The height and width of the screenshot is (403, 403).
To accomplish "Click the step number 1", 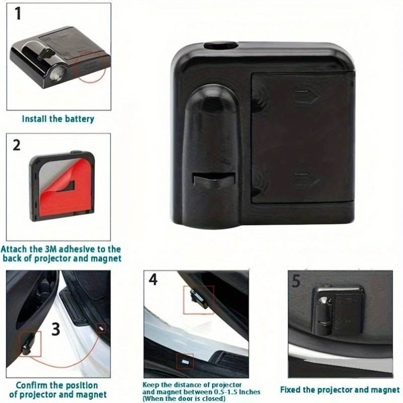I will pos(18,14).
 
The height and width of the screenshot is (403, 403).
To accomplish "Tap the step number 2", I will pos(17,145).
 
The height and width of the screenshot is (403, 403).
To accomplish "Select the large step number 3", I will pos(55,329).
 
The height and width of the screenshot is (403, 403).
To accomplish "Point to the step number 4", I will pos(153,280).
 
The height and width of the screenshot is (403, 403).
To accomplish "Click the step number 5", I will pos(296,281).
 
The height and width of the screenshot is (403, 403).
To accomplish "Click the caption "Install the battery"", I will pos(58,119).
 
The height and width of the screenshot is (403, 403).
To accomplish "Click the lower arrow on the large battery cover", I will pos(306,178).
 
